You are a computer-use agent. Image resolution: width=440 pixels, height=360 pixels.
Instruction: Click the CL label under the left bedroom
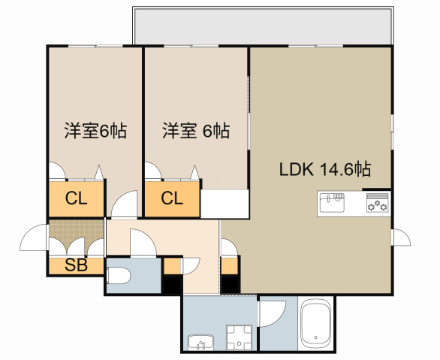pos(76,199)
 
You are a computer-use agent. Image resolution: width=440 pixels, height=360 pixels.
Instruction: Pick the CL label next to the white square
pos(172,199)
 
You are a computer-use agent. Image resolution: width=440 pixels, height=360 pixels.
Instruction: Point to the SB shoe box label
pos(76,265)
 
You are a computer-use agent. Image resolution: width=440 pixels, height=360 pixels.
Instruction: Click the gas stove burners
pos(377,203)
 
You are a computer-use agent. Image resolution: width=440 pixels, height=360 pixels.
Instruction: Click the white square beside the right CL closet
pos(225,203)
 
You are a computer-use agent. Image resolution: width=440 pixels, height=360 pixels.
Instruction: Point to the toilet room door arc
pos(142,242)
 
